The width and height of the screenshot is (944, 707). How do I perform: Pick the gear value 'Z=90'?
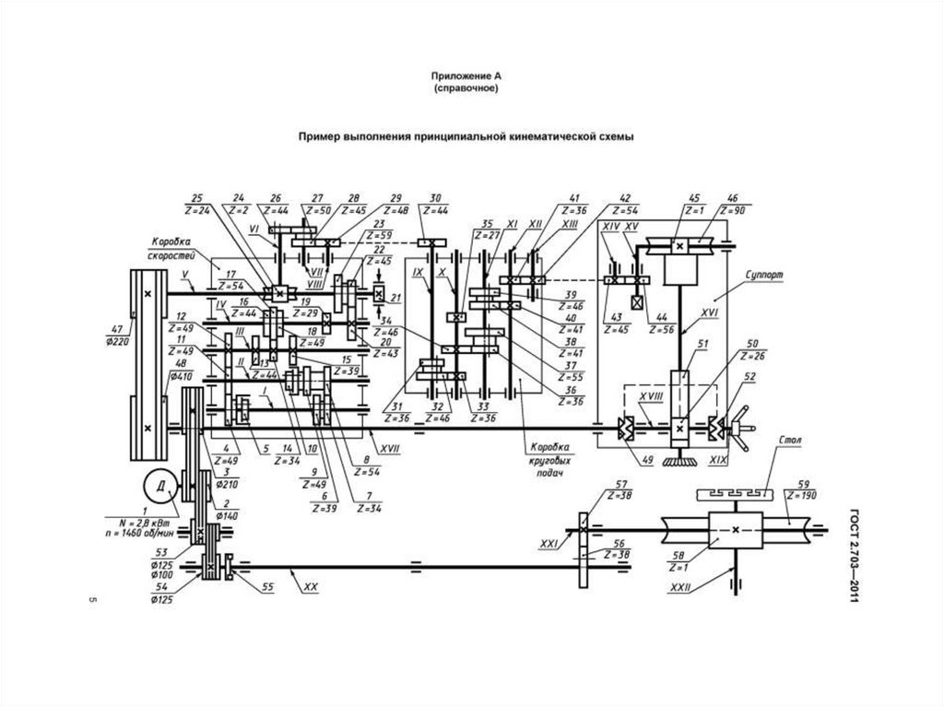tap(734, 212)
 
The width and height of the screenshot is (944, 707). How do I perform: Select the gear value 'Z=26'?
tap(754, 356)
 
